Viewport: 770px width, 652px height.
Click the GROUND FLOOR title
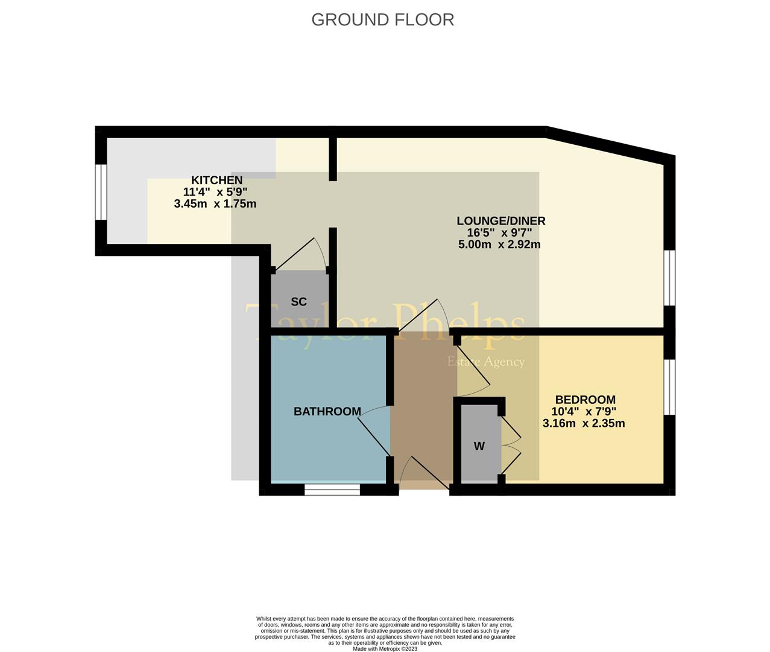click(382, 19)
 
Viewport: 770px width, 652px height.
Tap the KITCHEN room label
click(216, 180)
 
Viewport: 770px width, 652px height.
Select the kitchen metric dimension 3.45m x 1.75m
click(215, 204)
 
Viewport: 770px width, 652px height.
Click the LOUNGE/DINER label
click(500, 221)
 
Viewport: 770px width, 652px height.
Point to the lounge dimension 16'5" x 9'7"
click(499, 233)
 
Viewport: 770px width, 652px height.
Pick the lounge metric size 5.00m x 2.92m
click(499, 245)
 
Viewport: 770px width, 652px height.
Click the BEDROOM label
click(585, 400)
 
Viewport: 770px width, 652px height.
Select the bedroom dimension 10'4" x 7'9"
click(584, 412)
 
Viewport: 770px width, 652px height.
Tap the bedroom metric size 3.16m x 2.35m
click(584, 423)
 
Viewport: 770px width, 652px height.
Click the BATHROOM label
click(327, 412)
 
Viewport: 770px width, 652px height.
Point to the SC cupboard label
click(298, 302)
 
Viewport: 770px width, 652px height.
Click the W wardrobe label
click(479, 447)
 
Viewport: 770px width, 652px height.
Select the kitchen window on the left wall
click(101, 192)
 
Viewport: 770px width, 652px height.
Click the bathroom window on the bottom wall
click(332, 490)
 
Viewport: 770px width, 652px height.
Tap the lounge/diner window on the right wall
click(669, 278)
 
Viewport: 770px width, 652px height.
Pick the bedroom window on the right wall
click(669, 387)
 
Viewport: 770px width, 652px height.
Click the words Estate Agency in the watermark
click(485, 362)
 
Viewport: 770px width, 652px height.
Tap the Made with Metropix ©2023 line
click(385, 648)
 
